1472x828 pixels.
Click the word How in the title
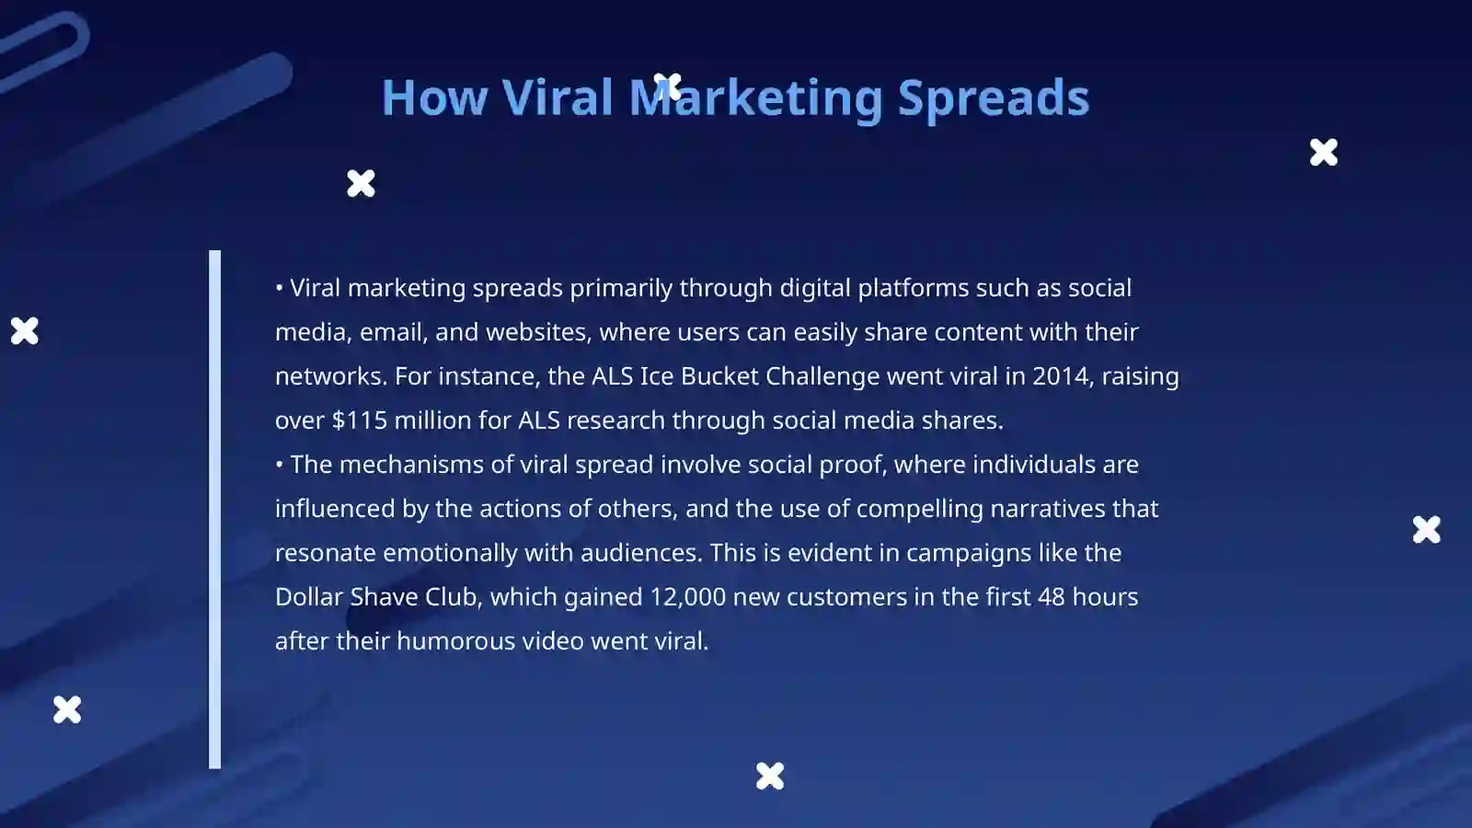(434, 98)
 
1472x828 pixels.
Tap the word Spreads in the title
(994, 99)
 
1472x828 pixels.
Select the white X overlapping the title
(668, 86)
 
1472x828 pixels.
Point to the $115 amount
(360, 420)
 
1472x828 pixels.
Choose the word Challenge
(822, 377)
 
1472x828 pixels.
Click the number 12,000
(687, 597)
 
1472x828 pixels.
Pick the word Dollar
(308, 597)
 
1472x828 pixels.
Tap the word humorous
(455, 640)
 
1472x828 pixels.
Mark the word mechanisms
(411, 465)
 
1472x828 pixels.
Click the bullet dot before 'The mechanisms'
(280, 465)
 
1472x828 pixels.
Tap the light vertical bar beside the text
(215, 510)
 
